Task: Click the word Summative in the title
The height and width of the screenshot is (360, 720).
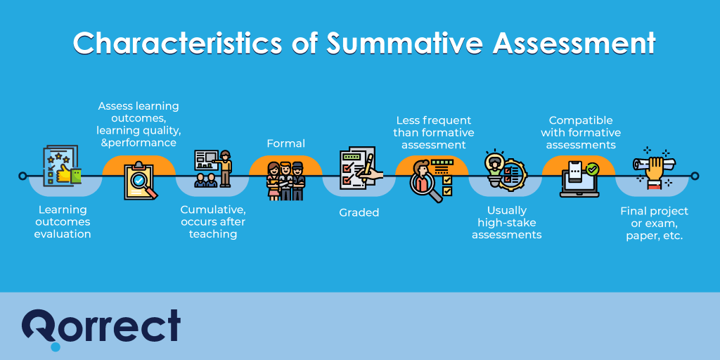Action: click(403, 44)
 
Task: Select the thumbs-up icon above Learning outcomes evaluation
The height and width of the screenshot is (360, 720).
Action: click(61, 167)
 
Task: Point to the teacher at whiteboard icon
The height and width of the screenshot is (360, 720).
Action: click(212, 169)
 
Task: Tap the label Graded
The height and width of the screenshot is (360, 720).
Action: click(359, 212)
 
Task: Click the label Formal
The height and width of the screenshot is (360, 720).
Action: click(285, 143)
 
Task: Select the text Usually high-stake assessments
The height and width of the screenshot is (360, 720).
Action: click(506, 222)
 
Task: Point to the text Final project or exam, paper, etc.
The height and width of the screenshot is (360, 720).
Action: click(654, 223)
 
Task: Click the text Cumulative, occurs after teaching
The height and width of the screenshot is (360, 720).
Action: click(213, 221)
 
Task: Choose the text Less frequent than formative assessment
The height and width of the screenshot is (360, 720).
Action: click(433, 132)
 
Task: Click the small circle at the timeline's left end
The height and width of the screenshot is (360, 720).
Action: click(22, 176)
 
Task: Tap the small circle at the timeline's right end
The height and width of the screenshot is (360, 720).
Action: click(695, 176)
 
